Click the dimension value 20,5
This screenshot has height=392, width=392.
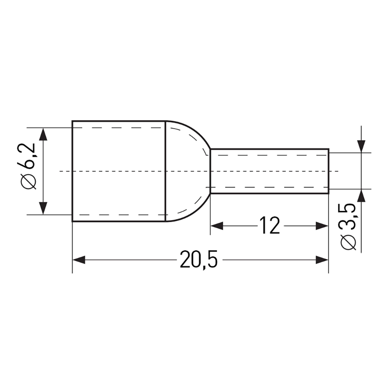coord(199,260)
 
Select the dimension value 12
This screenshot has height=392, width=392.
coord(270,225)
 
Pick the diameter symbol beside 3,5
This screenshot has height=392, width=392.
coord(348,243)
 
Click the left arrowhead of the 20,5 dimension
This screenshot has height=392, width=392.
coord(79,260)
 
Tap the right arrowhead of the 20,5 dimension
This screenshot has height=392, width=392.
coord(322,260)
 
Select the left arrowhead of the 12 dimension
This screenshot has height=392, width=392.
coord(217,226)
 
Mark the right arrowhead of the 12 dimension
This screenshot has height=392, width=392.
coord(322,226)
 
